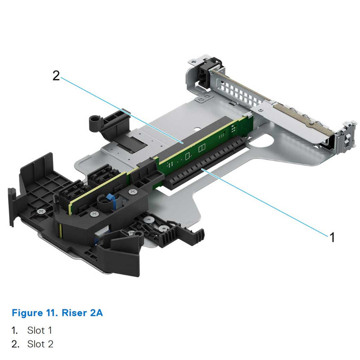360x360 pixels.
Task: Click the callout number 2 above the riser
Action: pos(56,76)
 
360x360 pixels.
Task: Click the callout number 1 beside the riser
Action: pos(332,237)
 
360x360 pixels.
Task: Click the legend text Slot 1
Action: pos(40,330)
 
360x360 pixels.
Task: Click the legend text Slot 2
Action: pos(40,344)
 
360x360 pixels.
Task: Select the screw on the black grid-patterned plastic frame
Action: pos(41,210)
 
